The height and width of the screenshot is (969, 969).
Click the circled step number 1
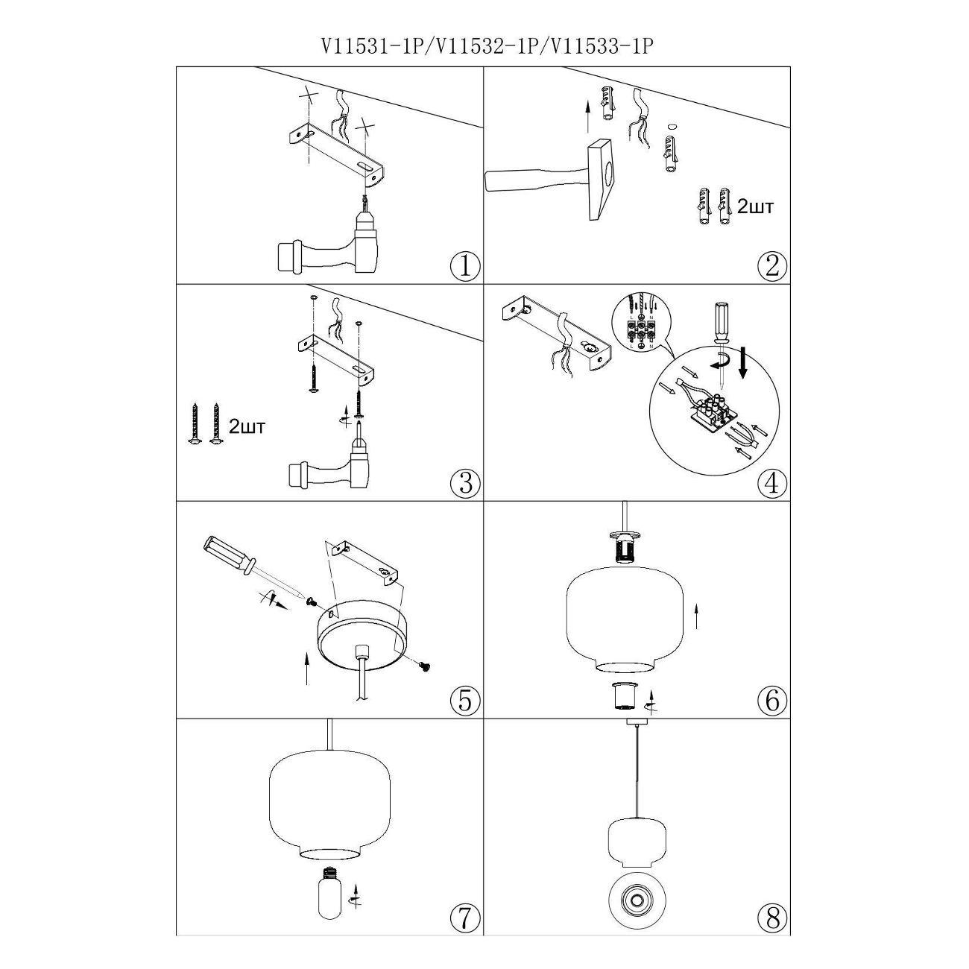click(x=465, y=266)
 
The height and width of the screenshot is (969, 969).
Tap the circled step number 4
click(x=771, y=484)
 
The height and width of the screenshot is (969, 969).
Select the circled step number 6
click(x=771, y=700)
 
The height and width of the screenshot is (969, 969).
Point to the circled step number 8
click(x=771, y=918)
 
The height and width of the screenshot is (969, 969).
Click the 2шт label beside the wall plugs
click(x=755, y=206)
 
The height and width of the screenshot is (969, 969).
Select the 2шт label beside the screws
click(x=247, y=427)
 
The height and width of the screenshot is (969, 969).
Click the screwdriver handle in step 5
click(x=227, y=556)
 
